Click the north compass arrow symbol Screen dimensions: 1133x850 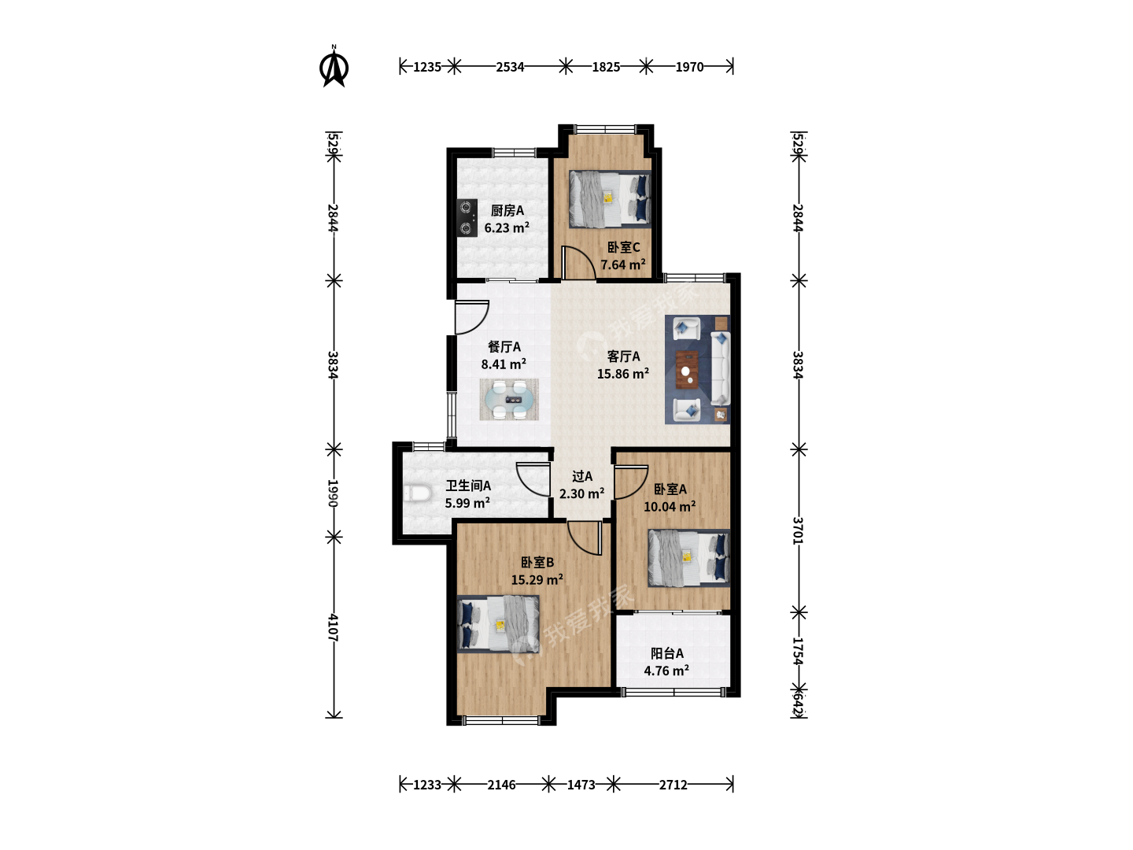pyautogui.click(x=334, y=67)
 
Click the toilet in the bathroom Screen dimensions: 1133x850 pyautogui.click(x=417, y=493)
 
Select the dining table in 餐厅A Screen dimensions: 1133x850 pyautogui.click(x=509, y=400)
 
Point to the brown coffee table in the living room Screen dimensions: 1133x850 pyautogui.click(x=687, y=369)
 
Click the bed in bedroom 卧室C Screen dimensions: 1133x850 pyautogui.click(x=610, y=199)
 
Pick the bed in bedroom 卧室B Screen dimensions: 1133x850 pyautogui.click(x=498, y=624)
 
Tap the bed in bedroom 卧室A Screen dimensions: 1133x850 pyautogui.click(x=689, y=558)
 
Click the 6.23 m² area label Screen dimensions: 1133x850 pyautogui.click(x=507, y=227)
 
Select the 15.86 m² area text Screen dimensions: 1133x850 pyautogui.click(x=623, y=374)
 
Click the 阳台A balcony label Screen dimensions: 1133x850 pyautogui.click(x=667, y=653)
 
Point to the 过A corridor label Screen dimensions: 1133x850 pyautogui.click(x=582, y=476)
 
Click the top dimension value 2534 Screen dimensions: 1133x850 pyautogui.click(x=510, y=67)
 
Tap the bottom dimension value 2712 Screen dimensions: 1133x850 pyautogui.click(x=673, y=785)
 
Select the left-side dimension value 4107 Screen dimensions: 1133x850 pyautogui.click(x=334, y=627)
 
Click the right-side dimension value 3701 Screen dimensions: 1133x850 pyautogui.click(x=798, y=530)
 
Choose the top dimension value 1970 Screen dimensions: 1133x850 pyautogui.click(x=689, y=67)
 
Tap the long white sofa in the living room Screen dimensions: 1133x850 pyautogui.click(x=721, y=368)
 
